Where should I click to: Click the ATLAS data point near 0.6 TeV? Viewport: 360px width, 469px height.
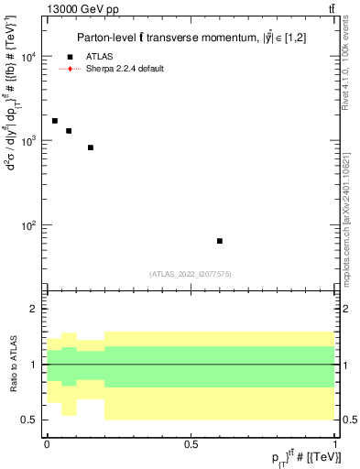(220, 241)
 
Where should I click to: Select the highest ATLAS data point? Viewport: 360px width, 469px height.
(55, 121)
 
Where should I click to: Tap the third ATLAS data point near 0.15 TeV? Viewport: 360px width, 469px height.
(91, 147)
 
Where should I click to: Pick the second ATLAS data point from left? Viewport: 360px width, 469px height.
(69, 131)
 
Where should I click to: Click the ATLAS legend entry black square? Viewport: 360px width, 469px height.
(71, 57)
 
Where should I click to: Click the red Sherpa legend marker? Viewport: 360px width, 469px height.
(71, 69)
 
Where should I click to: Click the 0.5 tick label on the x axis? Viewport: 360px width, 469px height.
(191, 443)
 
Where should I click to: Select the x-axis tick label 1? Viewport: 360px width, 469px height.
(335, 443)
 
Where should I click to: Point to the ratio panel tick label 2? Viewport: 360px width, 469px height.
(34, 310)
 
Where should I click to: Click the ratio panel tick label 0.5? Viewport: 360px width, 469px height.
(30, 420)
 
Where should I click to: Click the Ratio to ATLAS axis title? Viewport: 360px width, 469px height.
(13, 364)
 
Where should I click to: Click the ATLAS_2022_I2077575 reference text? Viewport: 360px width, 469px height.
(191, 274)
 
